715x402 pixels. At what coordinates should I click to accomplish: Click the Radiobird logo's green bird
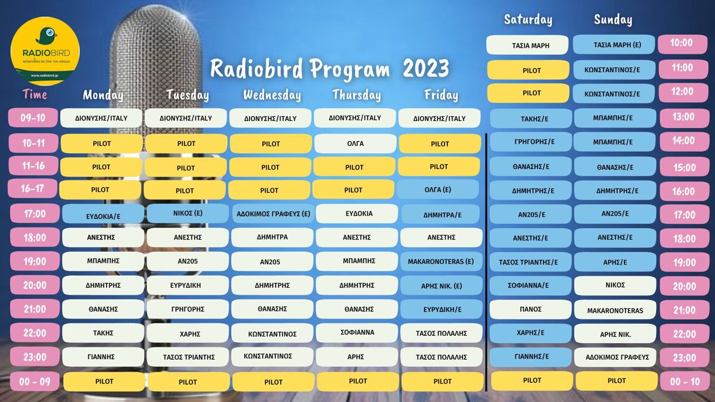point(46,35)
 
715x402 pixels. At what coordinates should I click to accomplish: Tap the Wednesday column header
point(272,95)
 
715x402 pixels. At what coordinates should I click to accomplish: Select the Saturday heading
point(528,20)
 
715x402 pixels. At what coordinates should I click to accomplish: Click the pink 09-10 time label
point(33,118)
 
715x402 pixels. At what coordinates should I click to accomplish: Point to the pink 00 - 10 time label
point(685,381)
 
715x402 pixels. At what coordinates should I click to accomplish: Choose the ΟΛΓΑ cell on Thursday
point(355,144)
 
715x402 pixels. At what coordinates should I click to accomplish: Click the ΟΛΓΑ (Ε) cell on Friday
point(438,189)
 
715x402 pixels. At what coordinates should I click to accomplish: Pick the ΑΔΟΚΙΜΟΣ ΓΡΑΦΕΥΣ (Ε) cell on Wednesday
point(273,214)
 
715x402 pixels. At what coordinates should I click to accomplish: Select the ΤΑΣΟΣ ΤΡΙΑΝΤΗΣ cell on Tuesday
point(188,357)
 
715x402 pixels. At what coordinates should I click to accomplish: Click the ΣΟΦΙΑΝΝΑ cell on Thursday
point(357,332)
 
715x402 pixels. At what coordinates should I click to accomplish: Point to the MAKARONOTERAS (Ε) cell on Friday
point(441,261)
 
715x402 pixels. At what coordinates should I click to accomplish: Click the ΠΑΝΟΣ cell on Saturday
point(530,309)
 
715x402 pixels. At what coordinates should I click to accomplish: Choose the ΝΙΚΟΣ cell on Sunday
point(615,285)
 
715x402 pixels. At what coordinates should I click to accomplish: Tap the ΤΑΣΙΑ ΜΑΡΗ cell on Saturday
point(527,45)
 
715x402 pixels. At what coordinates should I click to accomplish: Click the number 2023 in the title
point(426,68)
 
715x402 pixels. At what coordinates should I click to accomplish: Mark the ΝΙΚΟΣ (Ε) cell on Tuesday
point(188,213)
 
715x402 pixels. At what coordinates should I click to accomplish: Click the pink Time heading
point(35,95)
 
